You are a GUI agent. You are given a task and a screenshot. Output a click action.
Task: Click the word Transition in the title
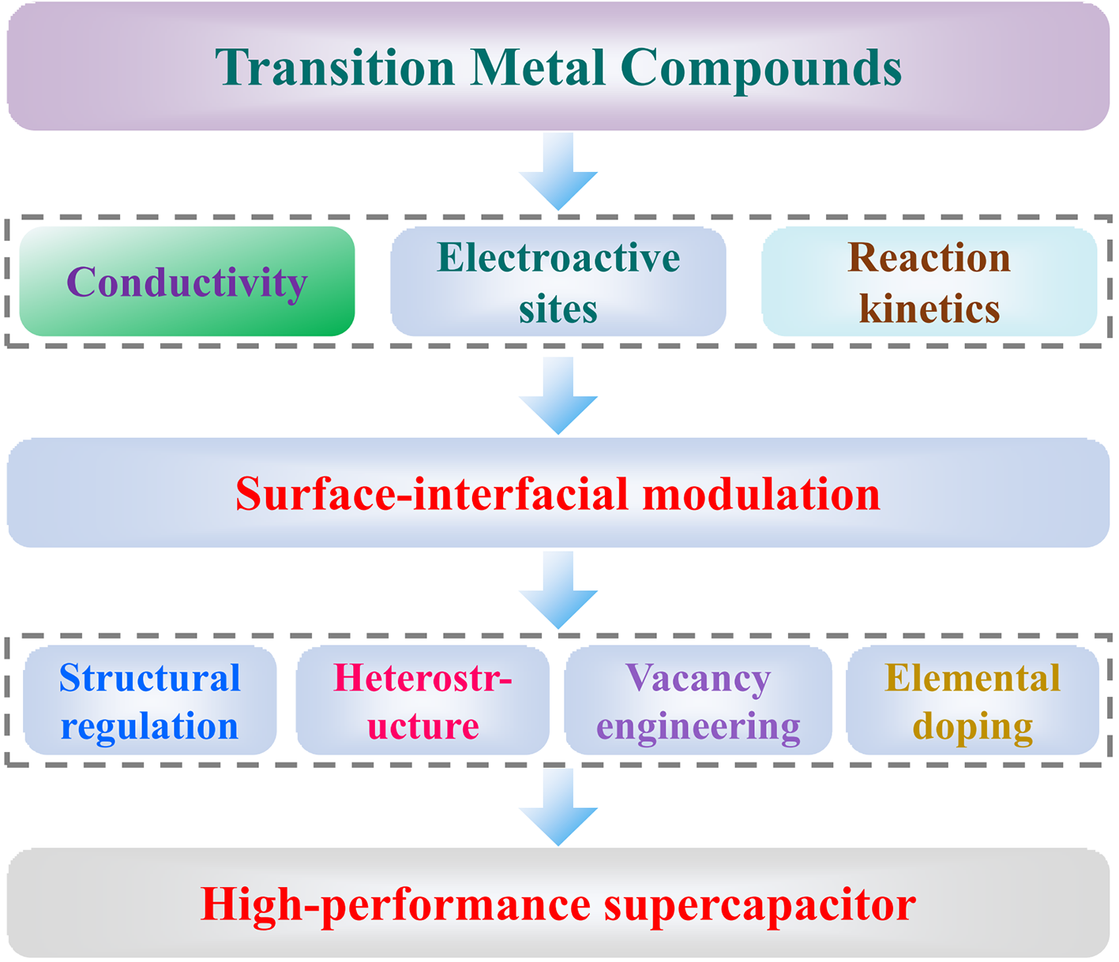pyautogui.click(x=336, y=68)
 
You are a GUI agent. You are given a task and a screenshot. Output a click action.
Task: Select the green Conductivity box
pyautogui.click(x=187, y=282)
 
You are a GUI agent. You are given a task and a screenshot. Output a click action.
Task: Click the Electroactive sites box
pyautogui.click(x=558, y=282)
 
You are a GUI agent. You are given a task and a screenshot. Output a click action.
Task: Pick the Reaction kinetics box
pyautogui.click(x=929, y=282)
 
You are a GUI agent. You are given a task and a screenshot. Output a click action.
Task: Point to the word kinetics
pyautogui.click(x=929, y=309)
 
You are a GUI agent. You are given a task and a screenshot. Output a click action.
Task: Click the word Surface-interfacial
pyautogui.click(x=431, y=494)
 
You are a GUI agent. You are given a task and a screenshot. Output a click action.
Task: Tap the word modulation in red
pyautogui.click(x=760, y=494)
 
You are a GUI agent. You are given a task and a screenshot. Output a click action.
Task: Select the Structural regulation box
pyautogui.click(x=150, y=701)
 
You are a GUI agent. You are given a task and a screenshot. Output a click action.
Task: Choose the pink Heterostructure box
pyautogui.click(x=423, y=701)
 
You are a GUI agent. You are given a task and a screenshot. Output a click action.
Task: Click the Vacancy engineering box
pyautogui.click(x=698, y=701)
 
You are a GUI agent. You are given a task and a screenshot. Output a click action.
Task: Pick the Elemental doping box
pyautogui.click(x=973, y=701)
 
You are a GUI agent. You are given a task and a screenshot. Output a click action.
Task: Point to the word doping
pyautogui.click(x=973, y=727)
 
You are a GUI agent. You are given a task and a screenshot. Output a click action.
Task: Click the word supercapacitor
pyautogui.click(x=760, y=904)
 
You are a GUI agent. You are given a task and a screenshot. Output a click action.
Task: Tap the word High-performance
pyautogui.click(x=396, y=904)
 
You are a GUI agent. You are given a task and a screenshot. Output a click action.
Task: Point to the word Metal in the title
pyautogui.click(x=539, y=68)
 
